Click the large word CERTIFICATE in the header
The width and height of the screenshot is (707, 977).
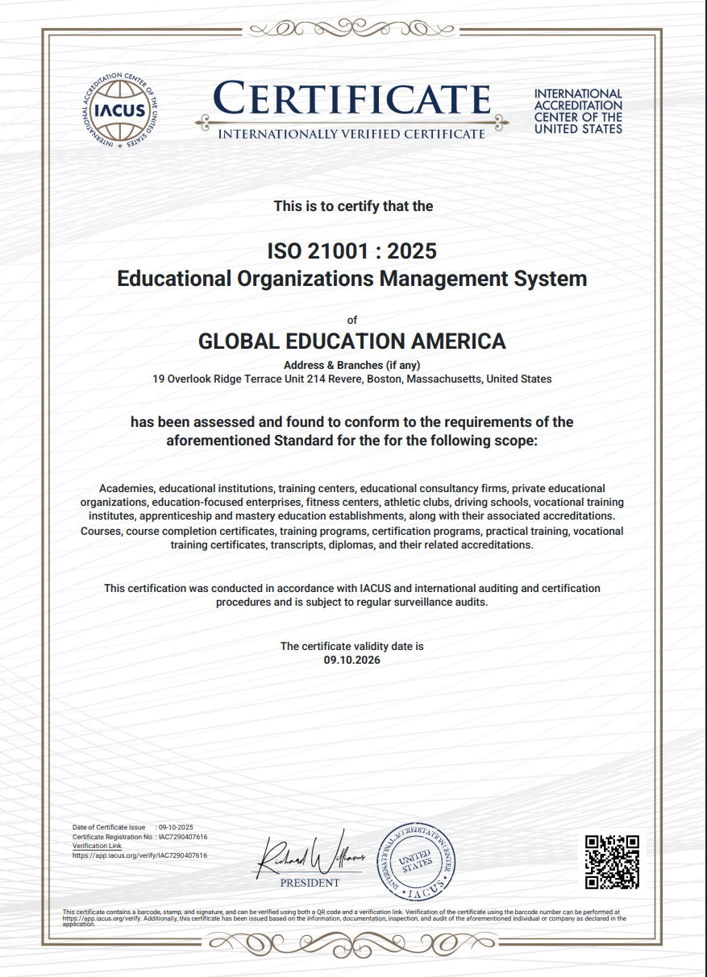(x=352, y=99)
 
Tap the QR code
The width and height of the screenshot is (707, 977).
(x=612, y=861)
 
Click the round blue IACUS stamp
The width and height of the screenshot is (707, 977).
(x=418, y=861)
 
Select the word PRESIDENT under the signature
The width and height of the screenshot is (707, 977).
(x=310, y=883)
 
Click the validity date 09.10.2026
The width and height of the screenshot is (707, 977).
(x=351, y=660)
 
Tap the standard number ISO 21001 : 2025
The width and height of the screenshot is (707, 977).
(x=351, y=250)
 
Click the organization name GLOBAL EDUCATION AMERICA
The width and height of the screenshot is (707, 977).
(x=351, y=341)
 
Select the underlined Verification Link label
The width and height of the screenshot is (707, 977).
(x=97, y=846)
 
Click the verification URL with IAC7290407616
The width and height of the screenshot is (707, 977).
(x=139, y=855)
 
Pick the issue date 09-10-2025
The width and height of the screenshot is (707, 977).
(x=176, y=828)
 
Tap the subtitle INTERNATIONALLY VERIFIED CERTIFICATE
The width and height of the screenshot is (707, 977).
(x=351, y=134)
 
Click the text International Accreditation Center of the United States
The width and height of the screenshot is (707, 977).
(x=578, y=111)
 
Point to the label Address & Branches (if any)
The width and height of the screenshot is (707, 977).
(x=351, y=365)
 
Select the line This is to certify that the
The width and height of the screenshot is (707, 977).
(x=353, y=206)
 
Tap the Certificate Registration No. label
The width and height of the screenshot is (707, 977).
(x=113, y=837)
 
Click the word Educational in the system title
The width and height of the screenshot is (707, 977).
(x=174, y=279)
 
